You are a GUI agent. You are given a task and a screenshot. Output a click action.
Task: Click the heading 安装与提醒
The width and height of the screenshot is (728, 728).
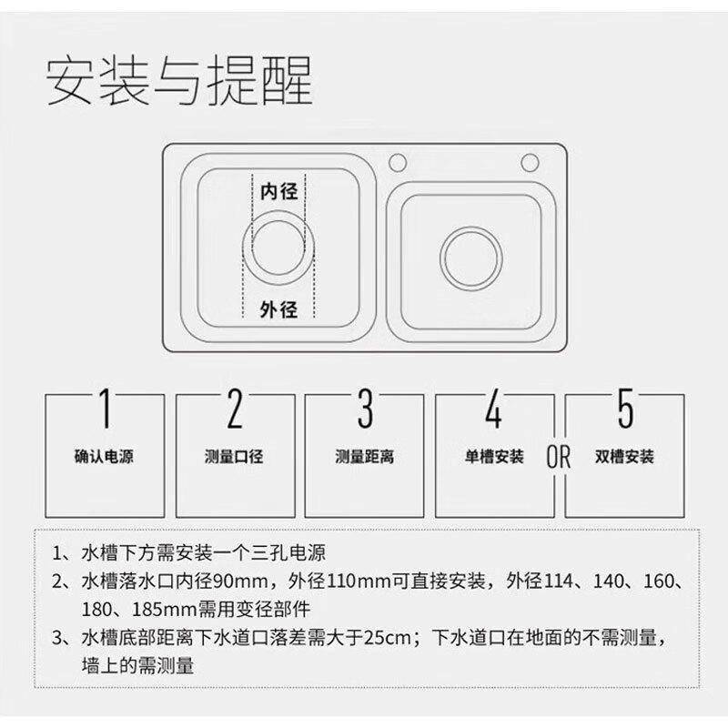pyautogui.click(x=179, y=81)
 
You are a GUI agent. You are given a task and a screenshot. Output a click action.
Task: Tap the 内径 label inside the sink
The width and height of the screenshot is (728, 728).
pyautogui.click(x=278, y=191)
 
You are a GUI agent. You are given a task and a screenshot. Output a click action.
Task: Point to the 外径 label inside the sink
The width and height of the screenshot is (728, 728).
pyautogui.click(x=278, y=309)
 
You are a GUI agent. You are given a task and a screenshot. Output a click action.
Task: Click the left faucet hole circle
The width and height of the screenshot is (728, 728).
pyautogui.click(x=398, y=163)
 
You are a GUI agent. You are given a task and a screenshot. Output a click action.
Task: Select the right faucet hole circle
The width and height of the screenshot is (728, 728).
pyautogui.click(x=530, y=163)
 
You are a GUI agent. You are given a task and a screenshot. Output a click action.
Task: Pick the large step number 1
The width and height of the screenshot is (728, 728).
pyautogui.click(x=106, y=409)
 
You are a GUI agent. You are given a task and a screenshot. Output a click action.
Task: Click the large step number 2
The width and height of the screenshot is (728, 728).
pyautogui.click(x=235, y=409)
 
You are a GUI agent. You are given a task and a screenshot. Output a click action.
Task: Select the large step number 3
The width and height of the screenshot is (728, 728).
pyautogui.click(x=365, y=409)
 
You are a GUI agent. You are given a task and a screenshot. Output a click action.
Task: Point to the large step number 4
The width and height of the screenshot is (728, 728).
pyautogui.click(x=494, y=409)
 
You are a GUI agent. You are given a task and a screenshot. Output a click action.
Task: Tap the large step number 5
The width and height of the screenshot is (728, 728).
pyautogui.click(x=625, y=409)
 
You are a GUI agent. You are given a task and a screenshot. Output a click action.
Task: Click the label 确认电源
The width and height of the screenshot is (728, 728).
pyautogui.click(x=104, y=457)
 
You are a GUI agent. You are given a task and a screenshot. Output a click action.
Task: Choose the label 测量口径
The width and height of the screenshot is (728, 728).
pyautogui.click(x=234, y=457)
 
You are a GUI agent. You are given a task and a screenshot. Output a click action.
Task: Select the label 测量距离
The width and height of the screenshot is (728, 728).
pyautogui.click(x=365, y=457)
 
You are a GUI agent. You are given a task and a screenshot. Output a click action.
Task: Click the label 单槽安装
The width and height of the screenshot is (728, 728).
pyautogui.click(x=494, y=457)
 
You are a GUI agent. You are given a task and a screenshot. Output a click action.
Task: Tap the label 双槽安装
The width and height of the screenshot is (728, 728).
pyautogui.click(x=624, y=457)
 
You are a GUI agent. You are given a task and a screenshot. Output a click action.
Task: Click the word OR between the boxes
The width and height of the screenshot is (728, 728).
pyautogui.click(x=558, y=457)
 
